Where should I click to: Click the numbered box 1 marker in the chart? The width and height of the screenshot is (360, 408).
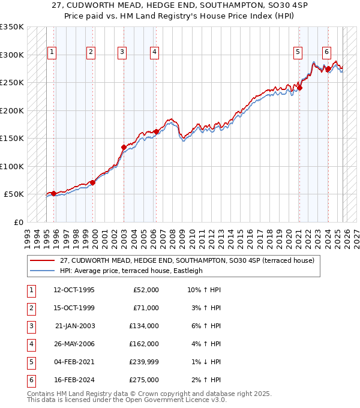coord(52,53)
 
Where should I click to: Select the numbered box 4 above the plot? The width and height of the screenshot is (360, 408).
coord(154,53)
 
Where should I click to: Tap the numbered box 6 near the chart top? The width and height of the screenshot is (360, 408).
coord(326,53)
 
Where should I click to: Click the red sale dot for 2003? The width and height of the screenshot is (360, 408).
coord(124,147)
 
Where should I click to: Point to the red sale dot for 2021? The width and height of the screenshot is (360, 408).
coord(299,88)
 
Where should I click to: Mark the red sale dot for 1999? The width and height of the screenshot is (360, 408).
coord(92,182)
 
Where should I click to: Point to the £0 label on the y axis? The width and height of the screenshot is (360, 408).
coord(17,222)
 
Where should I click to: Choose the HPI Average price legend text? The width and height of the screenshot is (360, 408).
coord(131,271)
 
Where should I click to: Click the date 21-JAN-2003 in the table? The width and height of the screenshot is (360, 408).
coord(74,326)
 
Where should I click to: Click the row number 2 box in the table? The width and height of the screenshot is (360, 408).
coord(31,308)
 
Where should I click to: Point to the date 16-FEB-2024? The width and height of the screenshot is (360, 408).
coord(74,380)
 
